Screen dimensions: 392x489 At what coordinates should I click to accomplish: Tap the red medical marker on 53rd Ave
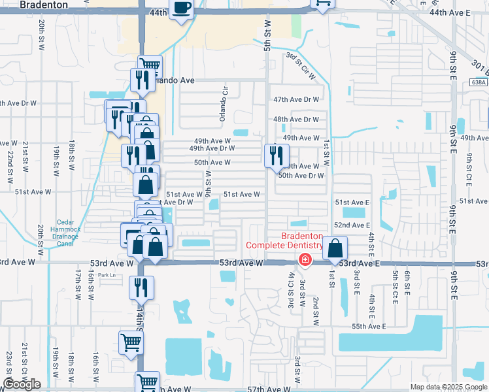304,260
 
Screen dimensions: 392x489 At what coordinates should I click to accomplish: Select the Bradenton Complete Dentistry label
284,240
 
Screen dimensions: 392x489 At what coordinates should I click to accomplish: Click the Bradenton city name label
44,5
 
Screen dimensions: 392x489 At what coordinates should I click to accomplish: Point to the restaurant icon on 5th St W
276,155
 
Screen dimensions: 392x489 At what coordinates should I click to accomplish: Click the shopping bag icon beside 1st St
335,248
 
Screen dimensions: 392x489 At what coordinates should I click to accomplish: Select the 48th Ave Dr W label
296,120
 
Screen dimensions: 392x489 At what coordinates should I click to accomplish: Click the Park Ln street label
106,275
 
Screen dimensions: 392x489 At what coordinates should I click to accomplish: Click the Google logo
22,384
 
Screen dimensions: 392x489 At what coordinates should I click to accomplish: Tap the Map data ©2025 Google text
448,387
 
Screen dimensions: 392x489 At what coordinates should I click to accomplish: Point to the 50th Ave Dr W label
301,176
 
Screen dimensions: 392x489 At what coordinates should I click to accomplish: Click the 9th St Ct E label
469,167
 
